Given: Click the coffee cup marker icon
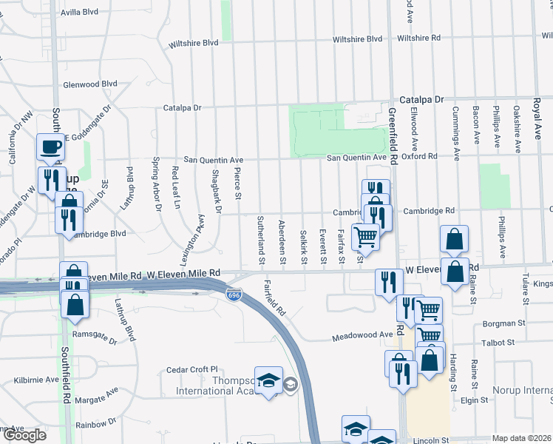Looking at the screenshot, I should [x=50, y=146].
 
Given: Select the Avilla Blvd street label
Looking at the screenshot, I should [x=80, y=13].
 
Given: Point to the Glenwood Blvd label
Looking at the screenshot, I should [x=91, y=84].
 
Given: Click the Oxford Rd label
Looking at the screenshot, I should [x=421, y=156].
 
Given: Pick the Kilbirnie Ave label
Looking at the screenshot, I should [x=36, y=380].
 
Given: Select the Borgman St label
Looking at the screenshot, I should [x=503, y=323].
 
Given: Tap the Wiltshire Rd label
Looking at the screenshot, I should [x=418, y=38].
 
